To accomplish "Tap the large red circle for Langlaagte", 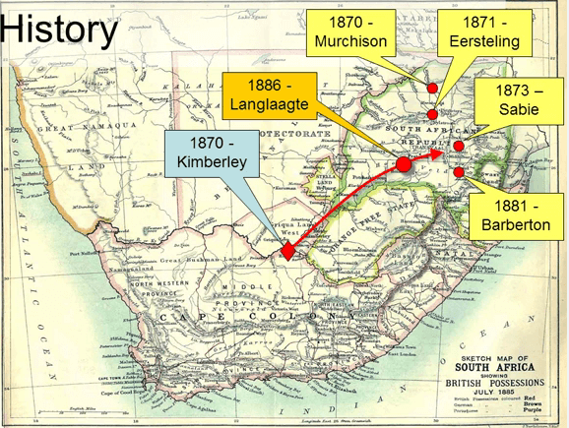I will tap(403, 165).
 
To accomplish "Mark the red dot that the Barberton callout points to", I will tap(460, 173).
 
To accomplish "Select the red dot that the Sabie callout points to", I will tap(459, 147).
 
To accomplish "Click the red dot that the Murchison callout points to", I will tap(432, 89).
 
